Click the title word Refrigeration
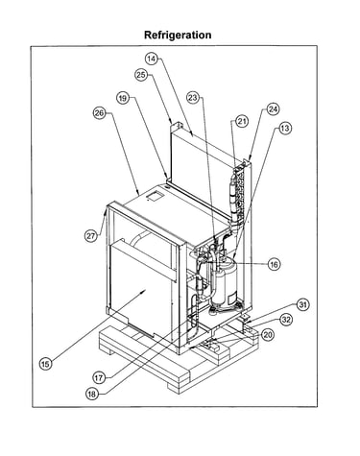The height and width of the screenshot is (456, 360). (178, 35)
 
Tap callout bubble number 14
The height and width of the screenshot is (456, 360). (152, 59)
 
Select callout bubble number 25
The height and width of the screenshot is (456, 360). (141, 75)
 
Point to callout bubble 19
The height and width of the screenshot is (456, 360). (123, 98)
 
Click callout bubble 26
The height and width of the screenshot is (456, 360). (99, 113)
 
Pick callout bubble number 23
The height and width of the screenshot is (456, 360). (193, 97)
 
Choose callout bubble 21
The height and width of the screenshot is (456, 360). (242, 121)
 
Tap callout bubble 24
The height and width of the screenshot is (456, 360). (273, 109)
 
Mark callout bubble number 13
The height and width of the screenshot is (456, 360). (284, 129)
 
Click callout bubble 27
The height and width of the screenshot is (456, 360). (90, 236)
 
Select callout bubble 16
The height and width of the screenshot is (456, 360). (274, 264)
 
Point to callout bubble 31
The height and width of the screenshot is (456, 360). (302, 304)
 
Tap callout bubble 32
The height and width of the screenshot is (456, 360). (286, 320)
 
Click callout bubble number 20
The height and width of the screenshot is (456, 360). (268, 335)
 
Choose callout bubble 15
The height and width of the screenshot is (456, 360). (45, 364)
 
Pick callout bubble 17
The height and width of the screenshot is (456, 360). (99, 378)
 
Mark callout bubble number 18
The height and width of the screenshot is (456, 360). (92, 394)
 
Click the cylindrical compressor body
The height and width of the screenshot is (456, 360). (226, 281)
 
